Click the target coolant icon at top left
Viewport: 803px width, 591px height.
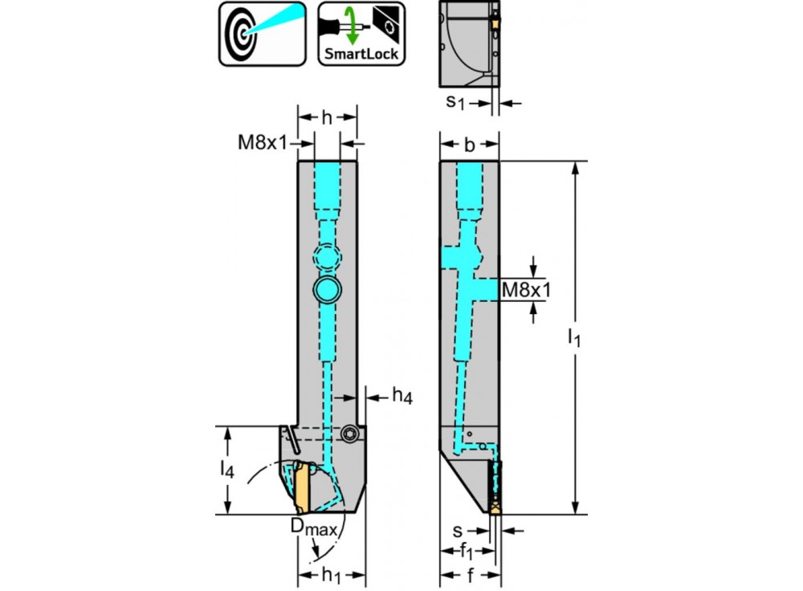[x=263, y=33]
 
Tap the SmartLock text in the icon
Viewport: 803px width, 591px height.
[x=361, y=55]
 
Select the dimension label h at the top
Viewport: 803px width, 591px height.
[x=327, y=117]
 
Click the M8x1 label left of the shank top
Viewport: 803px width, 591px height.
[x=262, y=143]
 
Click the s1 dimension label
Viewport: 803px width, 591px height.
[x=455, y=102]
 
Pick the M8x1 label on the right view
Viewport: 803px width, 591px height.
[x=525, y=290]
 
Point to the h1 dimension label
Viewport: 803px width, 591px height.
[x=332, y=577]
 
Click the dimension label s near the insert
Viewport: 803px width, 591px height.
[x=456, y=531]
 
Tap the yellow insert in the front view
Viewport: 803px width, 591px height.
[x=302, y=487]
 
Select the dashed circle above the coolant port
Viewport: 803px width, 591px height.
[x=327, y=258]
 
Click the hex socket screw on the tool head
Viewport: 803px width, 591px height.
[x=349, y=434]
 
